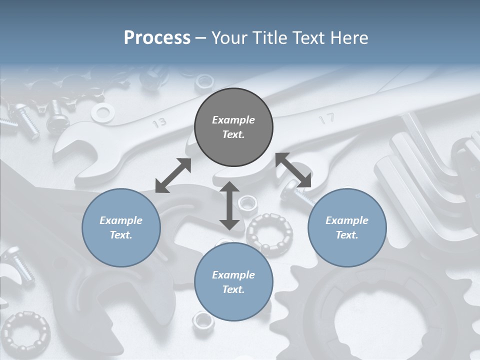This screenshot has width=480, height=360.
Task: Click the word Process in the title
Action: (157, 38)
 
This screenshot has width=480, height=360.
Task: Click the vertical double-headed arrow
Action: (229, 205)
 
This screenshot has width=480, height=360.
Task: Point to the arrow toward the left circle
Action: (173, 175)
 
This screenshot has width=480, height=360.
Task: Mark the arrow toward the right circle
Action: (293, 170)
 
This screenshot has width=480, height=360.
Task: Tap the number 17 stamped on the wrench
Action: (326, 119)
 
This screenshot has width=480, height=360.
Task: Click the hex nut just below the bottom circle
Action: (203, 321)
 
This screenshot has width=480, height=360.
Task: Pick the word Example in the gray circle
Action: (233, 120)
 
